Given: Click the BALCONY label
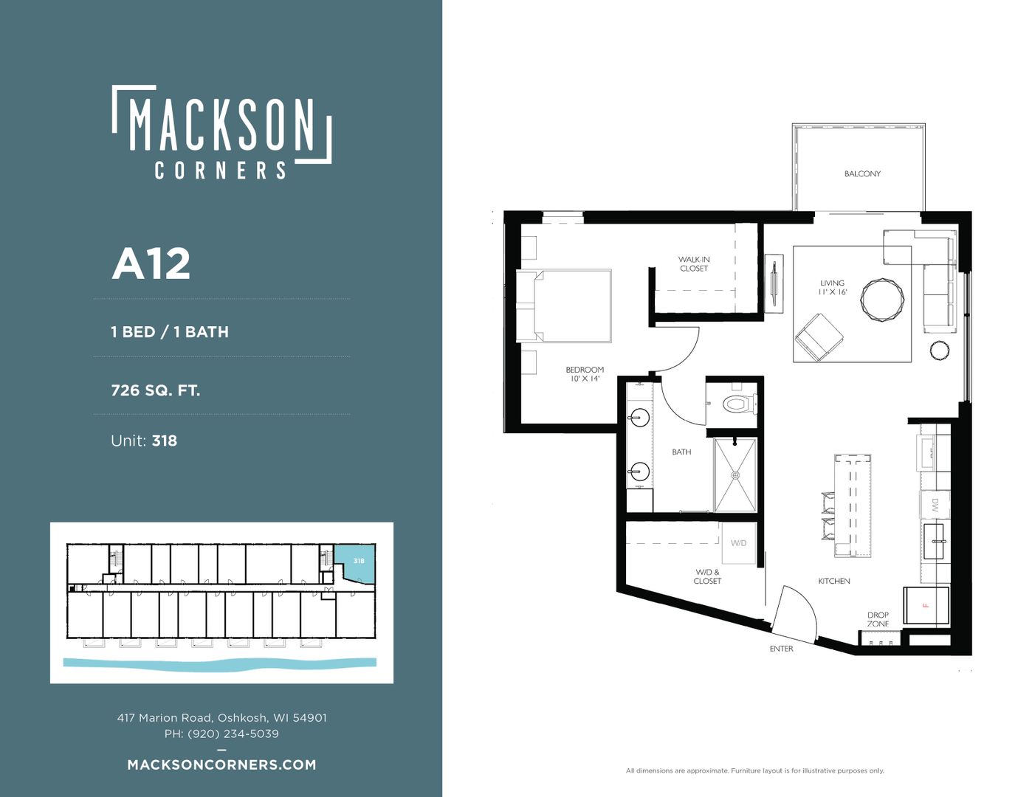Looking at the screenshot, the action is (862, 173).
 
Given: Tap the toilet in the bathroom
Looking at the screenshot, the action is (739, 404).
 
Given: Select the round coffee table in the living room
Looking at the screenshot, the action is (882, 300).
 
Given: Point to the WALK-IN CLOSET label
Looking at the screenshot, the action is (694, 264).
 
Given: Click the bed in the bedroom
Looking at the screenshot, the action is (564, 306).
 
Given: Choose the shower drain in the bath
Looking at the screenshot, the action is (735, 475).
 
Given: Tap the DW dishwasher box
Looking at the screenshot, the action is (935, 505).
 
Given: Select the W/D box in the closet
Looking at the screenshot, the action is (738, 542).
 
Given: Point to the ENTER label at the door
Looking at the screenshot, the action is (781, 649).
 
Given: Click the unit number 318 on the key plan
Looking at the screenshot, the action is (359, 561).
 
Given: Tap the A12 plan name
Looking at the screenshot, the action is (151, 264).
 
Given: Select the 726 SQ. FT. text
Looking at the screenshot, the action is (155, 390).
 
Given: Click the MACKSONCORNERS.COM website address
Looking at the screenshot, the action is (221, 765).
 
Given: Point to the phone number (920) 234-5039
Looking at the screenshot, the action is (233, 734).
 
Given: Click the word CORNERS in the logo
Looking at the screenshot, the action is (221, 170).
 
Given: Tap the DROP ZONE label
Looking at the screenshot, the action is (878, 619).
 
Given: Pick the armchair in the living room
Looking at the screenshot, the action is (819, 337).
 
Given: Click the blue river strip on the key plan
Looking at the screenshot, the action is (220, 663).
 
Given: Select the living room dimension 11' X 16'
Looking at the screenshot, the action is (832, 292).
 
